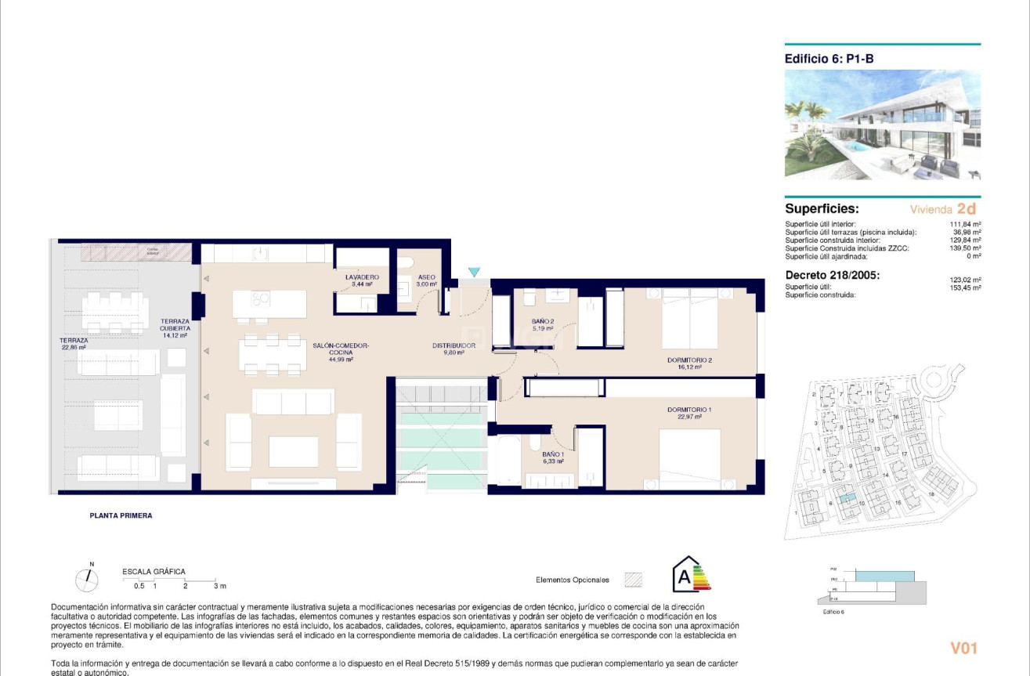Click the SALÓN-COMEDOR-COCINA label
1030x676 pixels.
[341, 349]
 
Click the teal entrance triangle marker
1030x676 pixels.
[473, 272]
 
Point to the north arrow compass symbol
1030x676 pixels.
[87, 579]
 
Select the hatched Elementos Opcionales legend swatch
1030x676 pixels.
[633, 580]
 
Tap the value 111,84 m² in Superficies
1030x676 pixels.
[968, 224]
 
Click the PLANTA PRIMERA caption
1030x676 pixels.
[121, 516]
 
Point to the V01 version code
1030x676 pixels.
[963, 648]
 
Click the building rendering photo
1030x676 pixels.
[882, 125]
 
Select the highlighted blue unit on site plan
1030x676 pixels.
[844, 497]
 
